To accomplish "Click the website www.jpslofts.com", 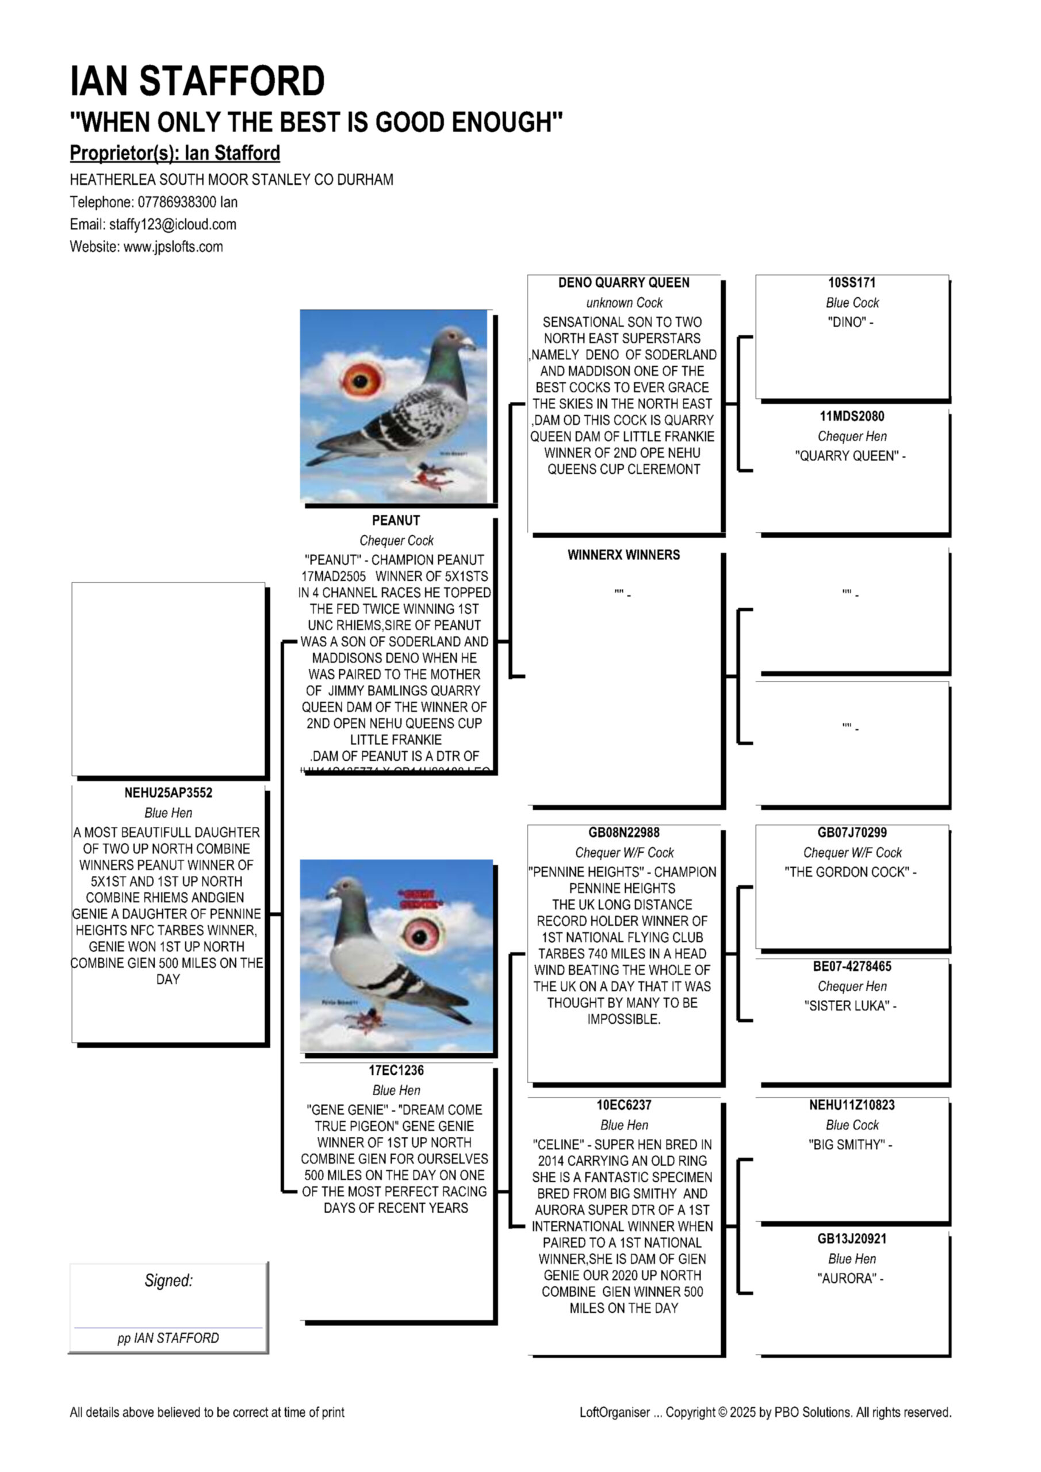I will tap(173, 247).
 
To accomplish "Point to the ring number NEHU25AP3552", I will tap(168, 793).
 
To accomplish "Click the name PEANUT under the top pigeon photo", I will tap(396, 520).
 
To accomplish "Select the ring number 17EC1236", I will tap(396, 1070).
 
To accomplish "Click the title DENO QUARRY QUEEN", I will tap(623, 283).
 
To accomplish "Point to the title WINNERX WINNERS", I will tap(623, 555).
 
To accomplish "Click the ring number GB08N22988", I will tap(623, 833).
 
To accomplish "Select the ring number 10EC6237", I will tap(623, 1105).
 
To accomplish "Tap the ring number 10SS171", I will tap(851, 283).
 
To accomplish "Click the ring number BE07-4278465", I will tap(851, 966).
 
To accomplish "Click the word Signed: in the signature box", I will tap(169, 1281).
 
